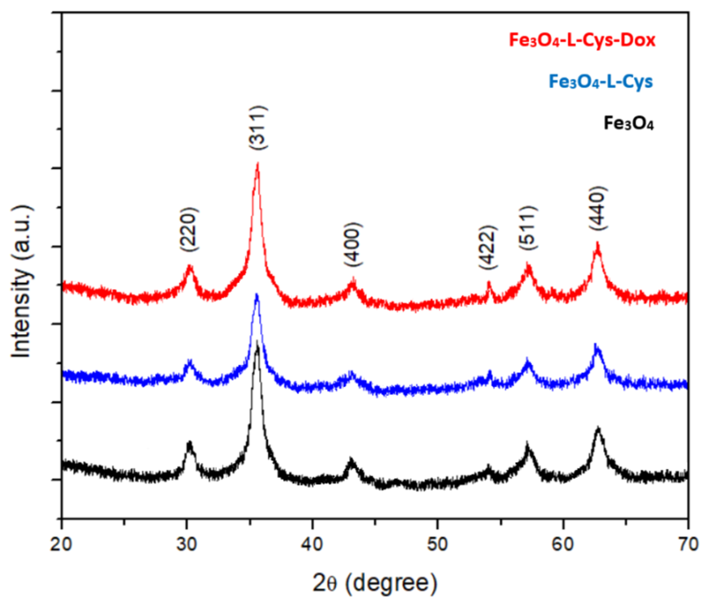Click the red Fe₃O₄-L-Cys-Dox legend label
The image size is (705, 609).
click(582, 40)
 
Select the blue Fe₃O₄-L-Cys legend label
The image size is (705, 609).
click(601, 82)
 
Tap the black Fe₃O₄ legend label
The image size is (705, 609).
click(628, 124)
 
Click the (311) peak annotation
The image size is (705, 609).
click(257, 128)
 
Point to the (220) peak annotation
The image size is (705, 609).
click(188, 229)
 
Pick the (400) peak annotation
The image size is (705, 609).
click(353, 244)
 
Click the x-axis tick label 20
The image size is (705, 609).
click(62, 544)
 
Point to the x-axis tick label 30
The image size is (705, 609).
click(187, 544)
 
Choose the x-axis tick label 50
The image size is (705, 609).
click(438, 544)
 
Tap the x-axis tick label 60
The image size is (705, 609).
click(563, 544)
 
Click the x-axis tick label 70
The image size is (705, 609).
click(688, 544)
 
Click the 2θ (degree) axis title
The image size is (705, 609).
click(375, 583)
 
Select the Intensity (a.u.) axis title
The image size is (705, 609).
click(22, 281)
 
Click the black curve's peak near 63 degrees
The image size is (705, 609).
click(598, 428)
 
